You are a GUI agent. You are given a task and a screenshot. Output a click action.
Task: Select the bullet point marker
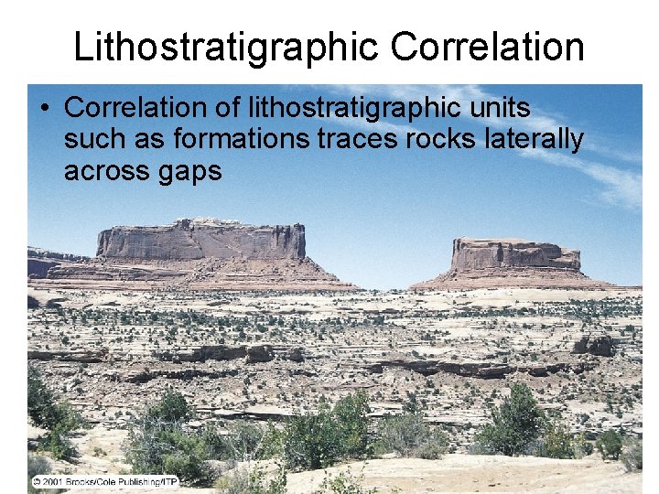[x=44, y=109]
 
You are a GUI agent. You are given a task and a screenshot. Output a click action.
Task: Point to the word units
[x=499, y=108]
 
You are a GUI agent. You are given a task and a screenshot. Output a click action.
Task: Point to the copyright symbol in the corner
[x=35, y=480]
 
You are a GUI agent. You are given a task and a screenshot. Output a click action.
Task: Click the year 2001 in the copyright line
[x=51, y=480]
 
